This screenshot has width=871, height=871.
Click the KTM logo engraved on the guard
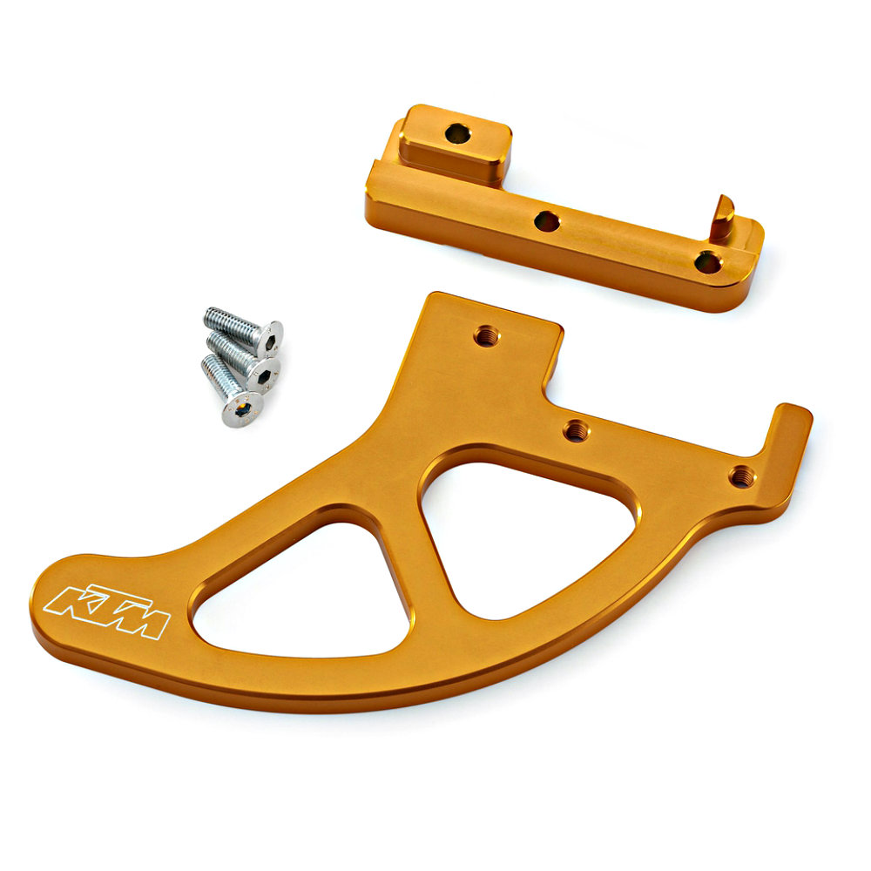tap(106, 611)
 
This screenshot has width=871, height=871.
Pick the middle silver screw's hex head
tap(264, 375)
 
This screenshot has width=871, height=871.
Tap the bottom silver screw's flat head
tap(242, 409)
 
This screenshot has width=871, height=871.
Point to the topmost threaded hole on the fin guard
tap(487, 335)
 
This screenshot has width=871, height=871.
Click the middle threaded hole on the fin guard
tap(577, 430)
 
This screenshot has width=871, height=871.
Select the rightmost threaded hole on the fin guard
tap(742, 476)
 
